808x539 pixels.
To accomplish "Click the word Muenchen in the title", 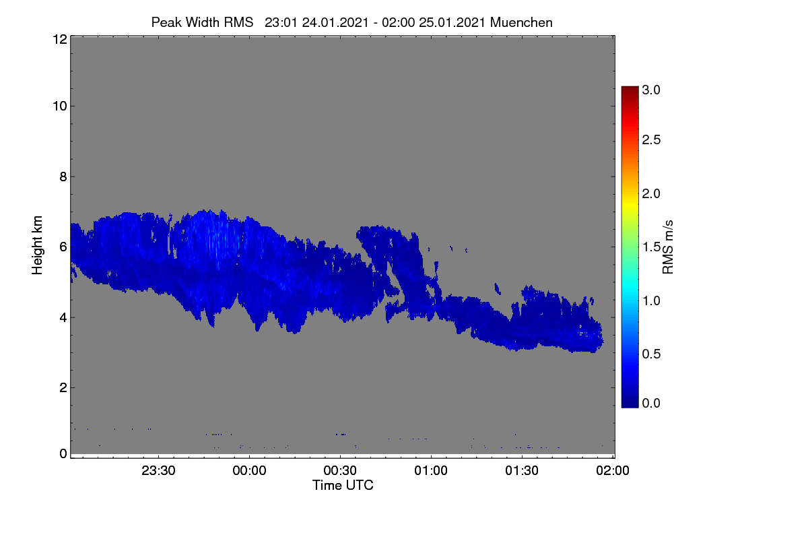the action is [521, 22].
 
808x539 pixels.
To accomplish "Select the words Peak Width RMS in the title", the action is [203, 22].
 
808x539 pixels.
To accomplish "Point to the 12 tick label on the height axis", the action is [60, 39].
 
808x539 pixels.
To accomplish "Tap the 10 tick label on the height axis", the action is [60, 106].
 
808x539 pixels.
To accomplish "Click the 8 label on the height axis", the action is [63, 177].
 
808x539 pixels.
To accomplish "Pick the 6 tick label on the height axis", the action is [63, 247].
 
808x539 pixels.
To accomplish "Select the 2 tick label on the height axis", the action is [63, 387].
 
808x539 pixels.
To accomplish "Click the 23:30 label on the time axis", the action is [158, 470].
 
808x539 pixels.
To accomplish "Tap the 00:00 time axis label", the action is [249, 470].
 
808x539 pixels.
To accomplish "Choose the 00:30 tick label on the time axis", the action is [340, 470].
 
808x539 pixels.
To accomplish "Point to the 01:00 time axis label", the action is [431, 470].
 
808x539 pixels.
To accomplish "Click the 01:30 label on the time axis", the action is [522, 470].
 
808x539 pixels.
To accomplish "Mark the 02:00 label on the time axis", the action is [613, 470].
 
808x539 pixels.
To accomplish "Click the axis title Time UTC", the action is [343, 485].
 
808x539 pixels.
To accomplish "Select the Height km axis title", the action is [37, 245].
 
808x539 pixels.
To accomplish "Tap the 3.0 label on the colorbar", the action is [651, 90].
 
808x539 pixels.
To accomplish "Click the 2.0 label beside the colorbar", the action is [651, 194].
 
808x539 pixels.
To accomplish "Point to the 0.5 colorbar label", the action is [651, 354].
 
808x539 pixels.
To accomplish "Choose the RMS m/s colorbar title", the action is [668, 247].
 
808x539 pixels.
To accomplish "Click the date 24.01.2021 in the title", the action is [335, 22].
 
